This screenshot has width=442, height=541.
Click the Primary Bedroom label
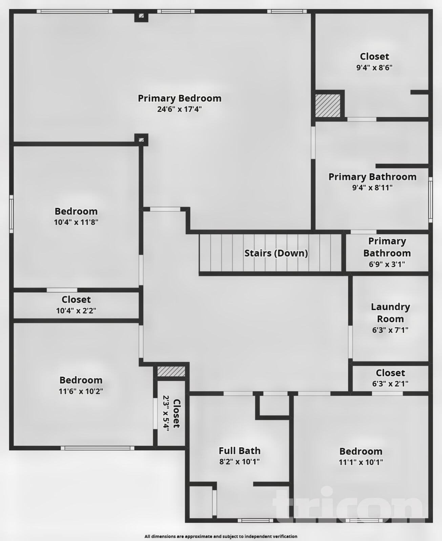point(180,98)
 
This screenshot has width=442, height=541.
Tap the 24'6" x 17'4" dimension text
point(180,109)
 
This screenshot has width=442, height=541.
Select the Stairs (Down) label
point(276,253)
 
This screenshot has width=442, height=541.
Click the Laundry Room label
point(390,313)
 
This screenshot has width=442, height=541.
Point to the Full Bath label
point(239,451)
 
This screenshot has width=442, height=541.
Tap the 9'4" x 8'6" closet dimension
point(374,68)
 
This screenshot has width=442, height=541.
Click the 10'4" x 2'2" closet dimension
point(76,311)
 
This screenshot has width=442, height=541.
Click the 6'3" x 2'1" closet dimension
point(390,384)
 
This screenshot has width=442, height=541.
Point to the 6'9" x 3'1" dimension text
point(387,264)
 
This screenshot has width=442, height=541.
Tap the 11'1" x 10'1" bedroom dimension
point(361,462)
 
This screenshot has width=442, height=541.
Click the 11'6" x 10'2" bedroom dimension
point(81,391)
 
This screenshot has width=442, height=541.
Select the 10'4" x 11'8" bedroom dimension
point(76,222)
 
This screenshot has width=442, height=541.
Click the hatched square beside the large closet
point(328,105)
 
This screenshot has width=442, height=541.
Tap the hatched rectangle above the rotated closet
point(171,371)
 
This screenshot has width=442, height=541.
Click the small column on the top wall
point(141,16)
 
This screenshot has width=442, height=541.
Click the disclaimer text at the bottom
point(221,536)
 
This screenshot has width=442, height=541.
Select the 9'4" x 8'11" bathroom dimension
point(372,188)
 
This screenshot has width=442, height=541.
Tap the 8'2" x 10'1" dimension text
point(239,462)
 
